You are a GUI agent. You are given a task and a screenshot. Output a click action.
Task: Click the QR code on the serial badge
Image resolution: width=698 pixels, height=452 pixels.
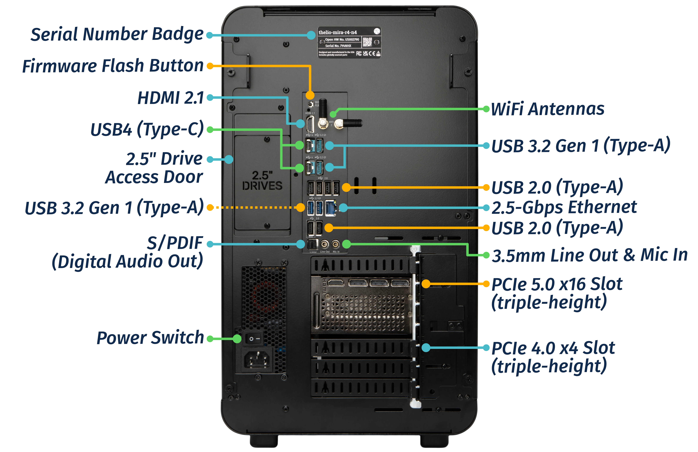pos(367,42)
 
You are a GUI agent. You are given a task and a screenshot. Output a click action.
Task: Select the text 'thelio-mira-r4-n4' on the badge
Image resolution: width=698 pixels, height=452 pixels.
pos(338,32)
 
